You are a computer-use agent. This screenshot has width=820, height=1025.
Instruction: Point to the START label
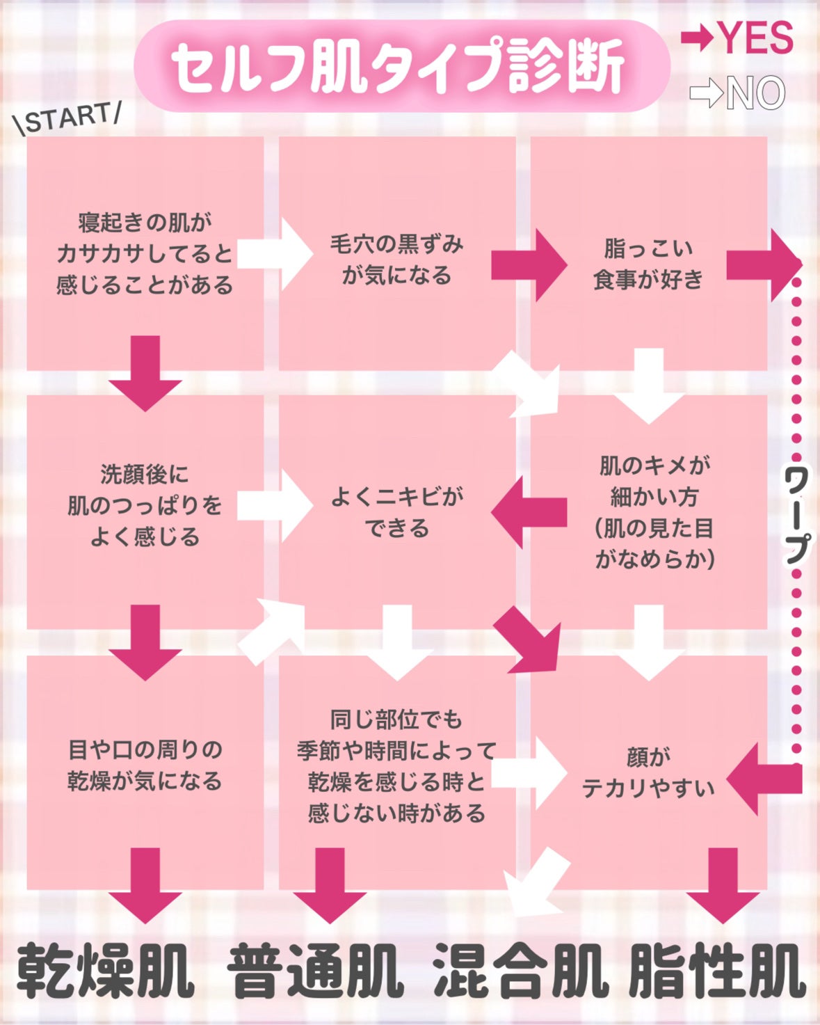click(68, 118)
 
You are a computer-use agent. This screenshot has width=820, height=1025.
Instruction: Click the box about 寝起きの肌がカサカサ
click(145, 253)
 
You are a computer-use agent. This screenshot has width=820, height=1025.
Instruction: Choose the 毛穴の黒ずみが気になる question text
click(396, 260)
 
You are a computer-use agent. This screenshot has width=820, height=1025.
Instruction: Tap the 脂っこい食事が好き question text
click(648, 264)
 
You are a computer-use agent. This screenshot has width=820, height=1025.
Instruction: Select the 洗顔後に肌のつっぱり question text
click(145, 505)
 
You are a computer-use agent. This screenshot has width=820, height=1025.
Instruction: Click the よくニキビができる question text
click(396, 512)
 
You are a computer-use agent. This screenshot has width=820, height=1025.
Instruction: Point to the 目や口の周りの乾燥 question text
click(145, 765)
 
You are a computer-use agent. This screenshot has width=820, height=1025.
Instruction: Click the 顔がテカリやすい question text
click(648, 772)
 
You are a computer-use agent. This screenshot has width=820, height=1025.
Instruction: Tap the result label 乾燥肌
click(104, 971)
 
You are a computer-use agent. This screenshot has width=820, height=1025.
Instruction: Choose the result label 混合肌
click(520, 971)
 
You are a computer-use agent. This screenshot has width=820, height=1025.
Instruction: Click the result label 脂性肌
click(716, 971)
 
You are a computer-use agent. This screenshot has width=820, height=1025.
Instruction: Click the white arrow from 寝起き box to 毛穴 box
click(275, 253)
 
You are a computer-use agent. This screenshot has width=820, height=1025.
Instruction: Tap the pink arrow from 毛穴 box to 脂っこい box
click(529, 265)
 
